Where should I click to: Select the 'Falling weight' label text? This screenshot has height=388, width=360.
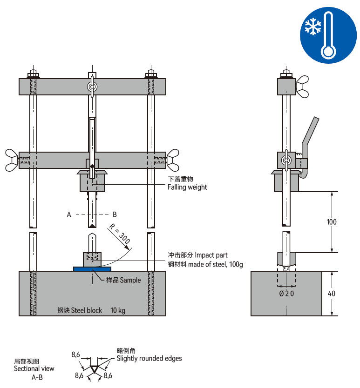click(187, 187)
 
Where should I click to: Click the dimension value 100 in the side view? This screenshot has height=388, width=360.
click(331, 222)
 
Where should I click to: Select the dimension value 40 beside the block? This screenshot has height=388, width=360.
click(331, 294)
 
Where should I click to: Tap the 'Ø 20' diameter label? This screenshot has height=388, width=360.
click(286, 294)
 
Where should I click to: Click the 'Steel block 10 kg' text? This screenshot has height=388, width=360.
click(91, 310)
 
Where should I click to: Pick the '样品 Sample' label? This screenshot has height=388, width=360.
click(123, 280)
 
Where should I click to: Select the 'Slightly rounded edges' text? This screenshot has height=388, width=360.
click(149, 358)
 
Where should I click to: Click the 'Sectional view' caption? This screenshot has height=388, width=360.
click(34, 368)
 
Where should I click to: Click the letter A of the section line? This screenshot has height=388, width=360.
click(69, 214)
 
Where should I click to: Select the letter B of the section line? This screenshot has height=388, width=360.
click(115, 214)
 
